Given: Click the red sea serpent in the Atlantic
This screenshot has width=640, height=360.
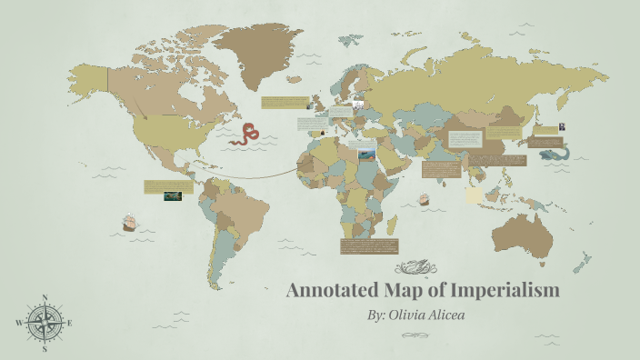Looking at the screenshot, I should (x=245, y=135).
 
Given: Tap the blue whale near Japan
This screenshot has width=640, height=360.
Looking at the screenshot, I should (x=552, y=154).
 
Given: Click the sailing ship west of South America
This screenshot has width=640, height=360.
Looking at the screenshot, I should (x=129, y=221).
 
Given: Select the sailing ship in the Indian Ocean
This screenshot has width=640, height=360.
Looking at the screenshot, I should (x=423, y=199).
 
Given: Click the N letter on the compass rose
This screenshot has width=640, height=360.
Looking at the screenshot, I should (x=45, y=298).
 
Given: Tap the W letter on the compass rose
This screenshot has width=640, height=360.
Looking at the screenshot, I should (x=19, y=323).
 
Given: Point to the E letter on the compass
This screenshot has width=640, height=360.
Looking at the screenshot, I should (x=70, y=323).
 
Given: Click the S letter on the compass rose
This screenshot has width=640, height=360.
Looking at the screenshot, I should (x=45, y=348).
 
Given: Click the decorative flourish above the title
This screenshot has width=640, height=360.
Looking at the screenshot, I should (x=421, y=268).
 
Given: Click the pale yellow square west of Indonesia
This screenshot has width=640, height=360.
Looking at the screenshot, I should (x=474, y=195).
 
